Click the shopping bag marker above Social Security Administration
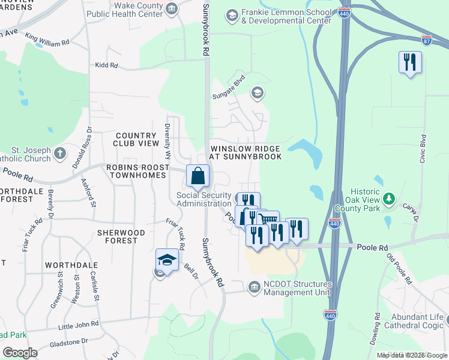[x=197, y=176]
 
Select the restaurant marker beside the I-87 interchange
[x=410, y=62]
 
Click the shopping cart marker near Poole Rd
[x=268, y=221]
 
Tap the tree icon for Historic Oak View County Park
[x=389, y=198]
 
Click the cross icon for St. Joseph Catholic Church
[x=59, y=153]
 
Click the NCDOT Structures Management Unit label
[x=297, y=289]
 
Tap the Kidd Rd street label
[x=106, y=65]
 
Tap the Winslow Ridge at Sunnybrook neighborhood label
[x=245, y=152]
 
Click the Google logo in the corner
[x=20, y=353]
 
